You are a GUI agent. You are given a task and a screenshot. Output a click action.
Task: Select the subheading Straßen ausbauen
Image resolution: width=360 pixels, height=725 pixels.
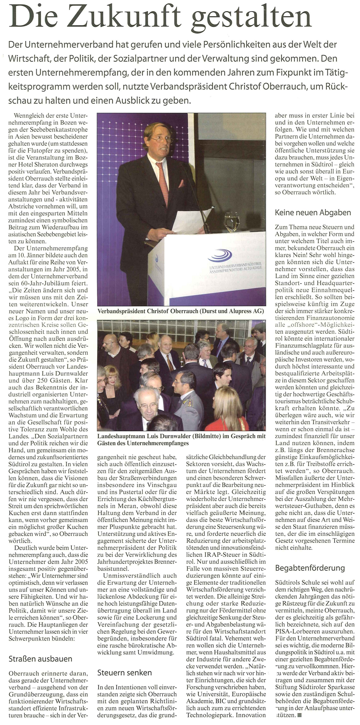(x=40, y=659)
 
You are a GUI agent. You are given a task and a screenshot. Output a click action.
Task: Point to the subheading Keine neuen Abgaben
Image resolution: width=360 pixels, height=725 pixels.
(x=313, y=213)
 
